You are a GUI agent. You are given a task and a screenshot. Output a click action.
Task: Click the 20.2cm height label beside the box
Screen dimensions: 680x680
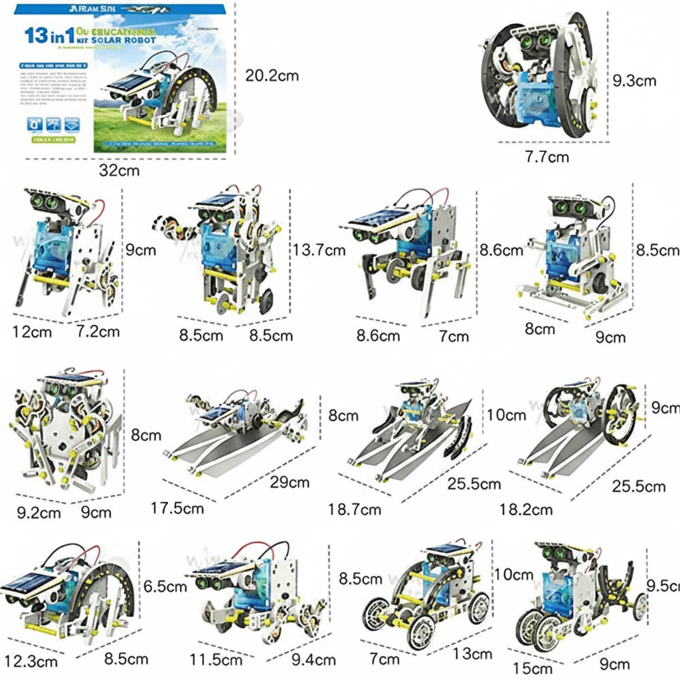click(272, 76)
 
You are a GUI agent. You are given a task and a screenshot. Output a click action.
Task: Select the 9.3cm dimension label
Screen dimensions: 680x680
click(634, 81)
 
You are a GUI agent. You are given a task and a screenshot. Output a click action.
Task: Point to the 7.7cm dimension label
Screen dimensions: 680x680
click(547, 157)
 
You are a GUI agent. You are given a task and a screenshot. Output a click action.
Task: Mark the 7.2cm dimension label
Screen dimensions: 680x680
click(97, 331)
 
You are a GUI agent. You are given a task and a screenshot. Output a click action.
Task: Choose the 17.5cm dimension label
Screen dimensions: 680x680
click(177, 508)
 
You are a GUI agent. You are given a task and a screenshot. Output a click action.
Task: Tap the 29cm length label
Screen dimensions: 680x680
click(289, 481)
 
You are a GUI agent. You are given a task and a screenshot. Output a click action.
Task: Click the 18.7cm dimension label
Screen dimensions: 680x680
click(355, 509)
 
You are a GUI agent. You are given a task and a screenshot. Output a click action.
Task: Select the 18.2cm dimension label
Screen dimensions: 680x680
click(526, 509)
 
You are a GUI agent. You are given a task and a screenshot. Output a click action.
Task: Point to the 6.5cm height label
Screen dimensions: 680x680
click(165, 587)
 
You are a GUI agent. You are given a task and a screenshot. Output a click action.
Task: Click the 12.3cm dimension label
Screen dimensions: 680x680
click(31, 661)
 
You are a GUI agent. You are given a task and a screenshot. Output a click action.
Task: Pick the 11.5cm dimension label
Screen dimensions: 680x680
click(216, 660)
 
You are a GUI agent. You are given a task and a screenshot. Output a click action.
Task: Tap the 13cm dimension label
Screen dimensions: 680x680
click(473, 654)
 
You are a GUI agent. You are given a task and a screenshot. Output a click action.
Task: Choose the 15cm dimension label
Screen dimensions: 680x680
click(533, 668)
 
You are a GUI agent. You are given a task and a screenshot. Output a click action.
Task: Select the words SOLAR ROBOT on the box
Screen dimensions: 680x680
click(127, 41)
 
